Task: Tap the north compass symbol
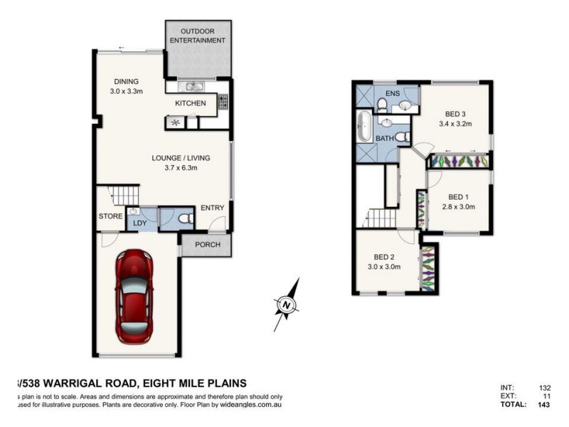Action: (x=286, y=305)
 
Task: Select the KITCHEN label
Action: (x=191, y=104)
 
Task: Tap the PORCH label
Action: (x=207, y=246)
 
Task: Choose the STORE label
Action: (x=110, y=216)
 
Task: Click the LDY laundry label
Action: (x=139, y=223)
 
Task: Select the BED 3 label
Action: (x=456, y=114)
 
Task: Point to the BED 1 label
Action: (x=458, y=197)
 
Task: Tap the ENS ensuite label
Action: (x=392, y=94)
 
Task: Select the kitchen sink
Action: (x=191, y=87)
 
